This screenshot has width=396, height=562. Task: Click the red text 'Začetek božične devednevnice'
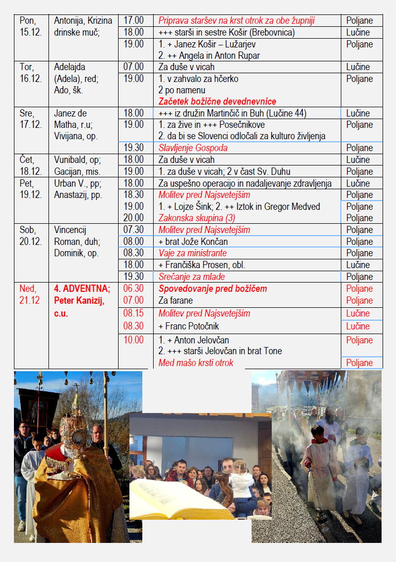217,102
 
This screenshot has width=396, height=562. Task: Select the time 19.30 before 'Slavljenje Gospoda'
134,148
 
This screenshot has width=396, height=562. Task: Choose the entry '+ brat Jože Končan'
193,242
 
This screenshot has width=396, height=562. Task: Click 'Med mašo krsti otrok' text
195,363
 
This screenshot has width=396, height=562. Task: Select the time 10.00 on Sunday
134,340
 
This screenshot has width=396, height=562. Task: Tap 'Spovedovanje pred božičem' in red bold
212,289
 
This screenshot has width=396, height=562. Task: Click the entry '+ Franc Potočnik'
190,326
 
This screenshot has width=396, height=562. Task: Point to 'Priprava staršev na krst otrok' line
237,21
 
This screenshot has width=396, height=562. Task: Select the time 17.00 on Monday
134,21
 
